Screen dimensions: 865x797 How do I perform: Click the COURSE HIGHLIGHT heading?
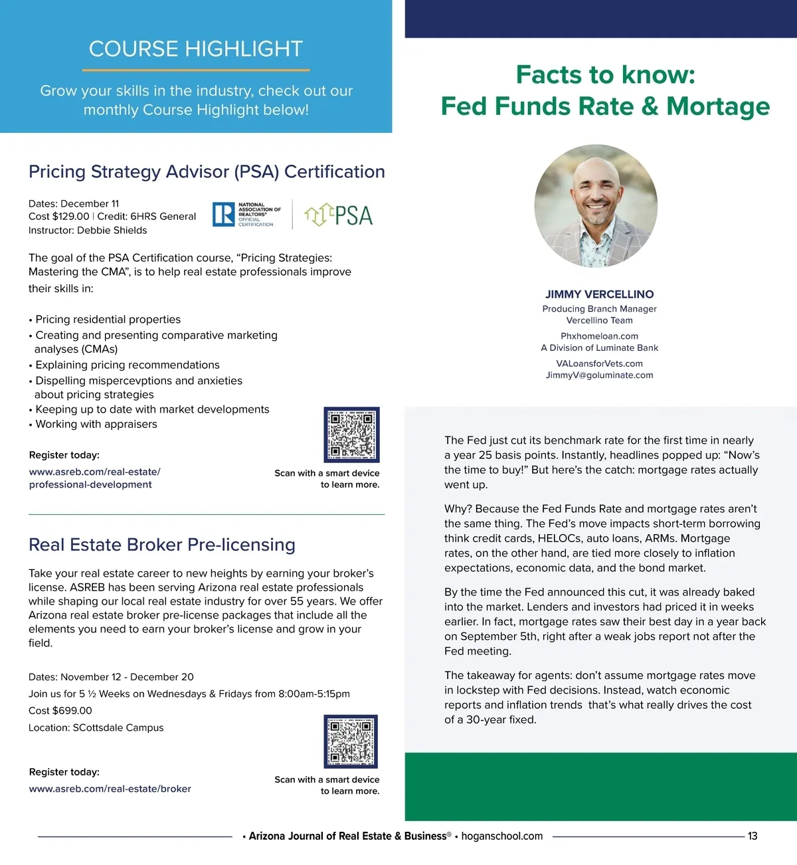(196, 49)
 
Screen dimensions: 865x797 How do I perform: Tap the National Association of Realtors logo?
(246, 215)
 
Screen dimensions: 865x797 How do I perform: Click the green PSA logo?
(339, 215)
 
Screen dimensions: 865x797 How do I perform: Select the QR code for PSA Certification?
(351, 434)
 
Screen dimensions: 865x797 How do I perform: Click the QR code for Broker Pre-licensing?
(351, 741)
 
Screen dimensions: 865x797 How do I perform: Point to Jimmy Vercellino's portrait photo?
(596, 206)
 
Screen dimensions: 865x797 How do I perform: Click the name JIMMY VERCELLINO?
(599, 294)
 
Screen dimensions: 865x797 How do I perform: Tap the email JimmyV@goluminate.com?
(599, 375)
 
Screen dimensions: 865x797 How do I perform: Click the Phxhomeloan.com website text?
(599, 336)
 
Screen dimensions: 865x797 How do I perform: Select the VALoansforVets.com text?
(599, 363)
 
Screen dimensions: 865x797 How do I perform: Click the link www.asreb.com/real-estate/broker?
(110, 789)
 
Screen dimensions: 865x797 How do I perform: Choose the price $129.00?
(70, 217)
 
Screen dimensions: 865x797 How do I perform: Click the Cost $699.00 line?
(60, 711)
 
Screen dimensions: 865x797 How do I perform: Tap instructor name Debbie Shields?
(112, 231)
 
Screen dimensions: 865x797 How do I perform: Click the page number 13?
(752, 836)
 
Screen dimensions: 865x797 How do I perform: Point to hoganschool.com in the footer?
(502, 836)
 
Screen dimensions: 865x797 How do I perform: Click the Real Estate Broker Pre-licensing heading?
(162, 545)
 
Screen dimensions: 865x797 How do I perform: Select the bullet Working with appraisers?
(96, 425)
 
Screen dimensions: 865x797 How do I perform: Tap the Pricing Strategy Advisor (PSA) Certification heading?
(207, 172)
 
